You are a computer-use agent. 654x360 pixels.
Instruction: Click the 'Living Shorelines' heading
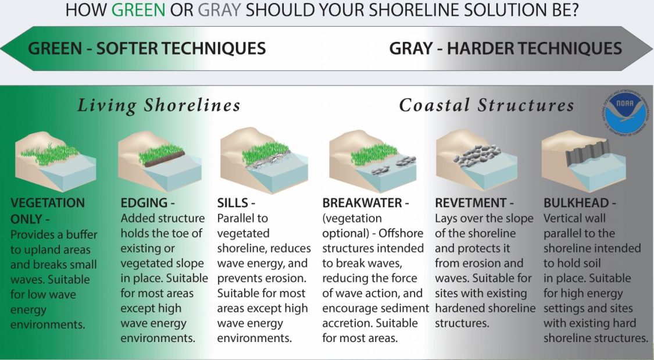coord(159,105)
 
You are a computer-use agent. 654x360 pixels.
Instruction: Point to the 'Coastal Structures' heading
coord(486,105)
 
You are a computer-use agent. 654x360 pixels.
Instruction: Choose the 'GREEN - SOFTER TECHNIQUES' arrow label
coord(146,48)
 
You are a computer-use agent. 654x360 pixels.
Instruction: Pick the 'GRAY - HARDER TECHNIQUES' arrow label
coord(505,48)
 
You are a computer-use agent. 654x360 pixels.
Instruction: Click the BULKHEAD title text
coord(576,204)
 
